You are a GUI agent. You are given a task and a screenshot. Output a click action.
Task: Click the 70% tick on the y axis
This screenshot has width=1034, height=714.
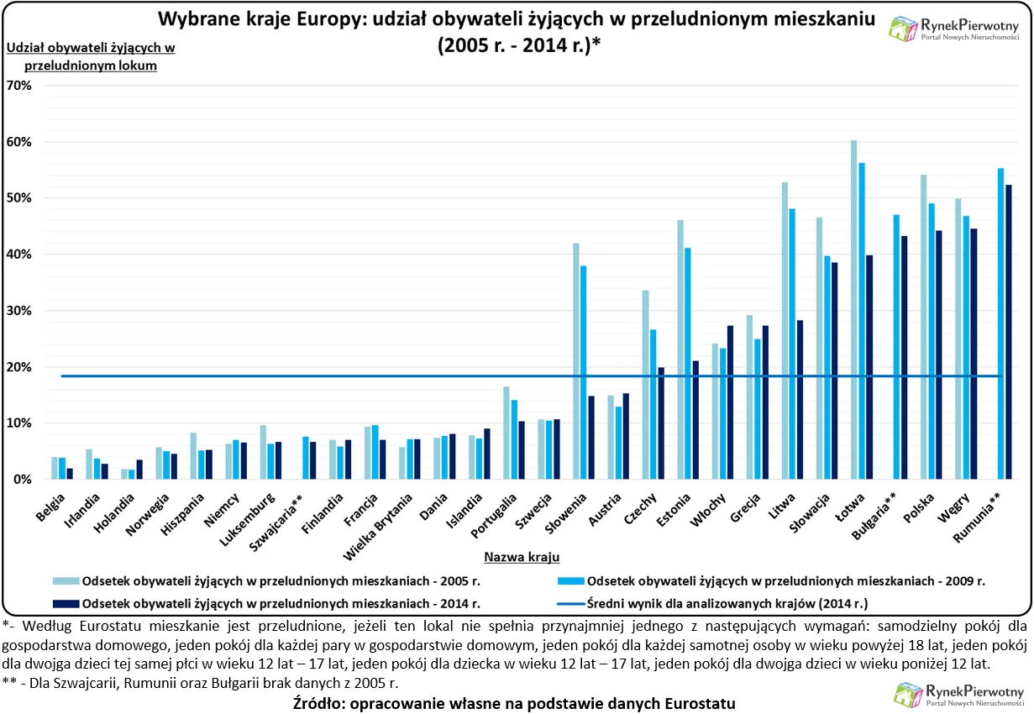pyautogui.click(x=18, y=86)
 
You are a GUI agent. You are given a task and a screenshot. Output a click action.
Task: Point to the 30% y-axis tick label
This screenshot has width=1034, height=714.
pyautogui.click(x=18, y=311)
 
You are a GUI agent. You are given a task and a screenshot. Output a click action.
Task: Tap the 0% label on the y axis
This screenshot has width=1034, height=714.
pyautogui.click(x=22, y=480)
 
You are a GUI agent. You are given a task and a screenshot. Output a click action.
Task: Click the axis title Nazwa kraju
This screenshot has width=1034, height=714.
pyautogui.click(x=522, y=556)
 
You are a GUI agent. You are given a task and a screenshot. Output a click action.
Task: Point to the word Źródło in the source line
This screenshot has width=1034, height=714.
pyautogui.click(x=322, y=703)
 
